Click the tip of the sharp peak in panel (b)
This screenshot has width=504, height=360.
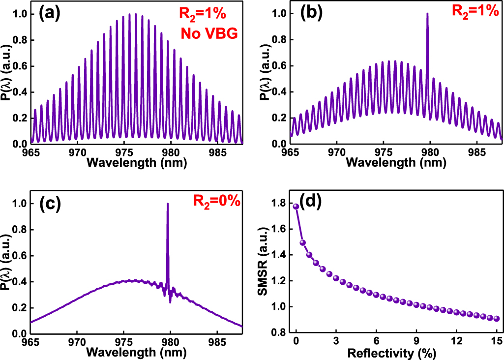tap(427, 14)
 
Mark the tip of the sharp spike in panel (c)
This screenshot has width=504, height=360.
tap(168, 204)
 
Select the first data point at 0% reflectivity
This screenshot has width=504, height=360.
tap(296, 207)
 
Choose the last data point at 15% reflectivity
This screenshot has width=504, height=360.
tap(497, 319)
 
